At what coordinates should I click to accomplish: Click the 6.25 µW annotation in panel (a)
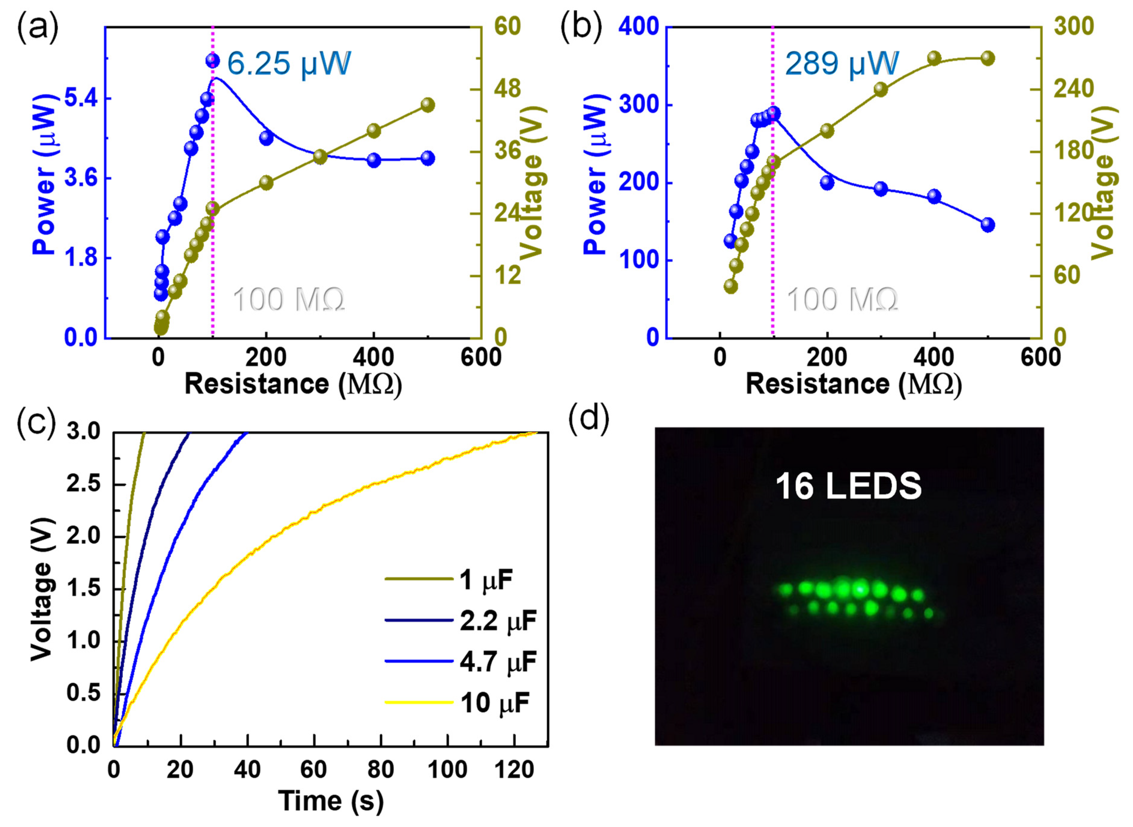(x=288, y=64)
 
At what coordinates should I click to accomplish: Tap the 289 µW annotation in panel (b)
(x=842, y=64)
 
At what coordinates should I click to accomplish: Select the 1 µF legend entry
(x=485, y=580)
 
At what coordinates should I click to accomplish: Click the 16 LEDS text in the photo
(x=848, y=486)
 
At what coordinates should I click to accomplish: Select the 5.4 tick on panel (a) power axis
(x=81, y=99)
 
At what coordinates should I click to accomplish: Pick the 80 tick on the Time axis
(x=381, y=769)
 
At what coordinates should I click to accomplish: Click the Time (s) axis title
(x=331, y=801)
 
